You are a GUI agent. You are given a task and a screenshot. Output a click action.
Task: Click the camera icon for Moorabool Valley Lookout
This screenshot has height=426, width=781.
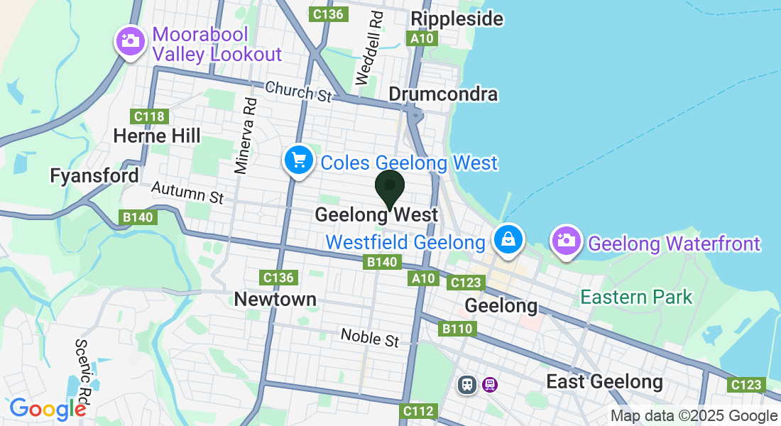[130, 41]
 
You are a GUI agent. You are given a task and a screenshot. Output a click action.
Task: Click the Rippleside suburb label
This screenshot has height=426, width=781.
[457, 18]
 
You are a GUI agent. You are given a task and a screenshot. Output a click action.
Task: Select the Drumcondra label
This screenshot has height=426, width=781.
[443, 94]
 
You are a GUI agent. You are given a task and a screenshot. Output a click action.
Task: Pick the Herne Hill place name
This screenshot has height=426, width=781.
[157, 135]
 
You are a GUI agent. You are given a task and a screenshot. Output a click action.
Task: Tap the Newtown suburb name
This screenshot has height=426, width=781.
[275, 299]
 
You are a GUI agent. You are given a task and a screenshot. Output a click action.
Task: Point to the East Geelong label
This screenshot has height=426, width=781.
[604, 382]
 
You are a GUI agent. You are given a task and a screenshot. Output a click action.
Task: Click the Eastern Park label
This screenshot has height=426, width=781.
[636, 296]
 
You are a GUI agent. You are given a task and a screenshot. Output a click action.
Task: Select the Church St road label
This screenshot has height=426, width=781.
[299, 92]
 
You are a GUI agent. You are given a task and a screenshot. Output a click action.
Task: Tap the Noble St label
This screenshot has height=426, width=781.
[369, 337]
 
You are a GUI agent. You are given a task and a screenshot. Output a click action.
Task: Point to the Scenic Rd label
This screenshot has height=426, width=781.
[84, 368]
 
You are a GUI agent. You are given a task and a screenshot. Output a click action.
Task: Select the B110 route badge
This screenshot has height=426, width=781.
[456, 329]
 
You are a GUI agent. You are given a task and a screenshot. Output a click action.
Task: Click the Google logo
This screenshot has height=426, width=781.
[48, 409]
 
